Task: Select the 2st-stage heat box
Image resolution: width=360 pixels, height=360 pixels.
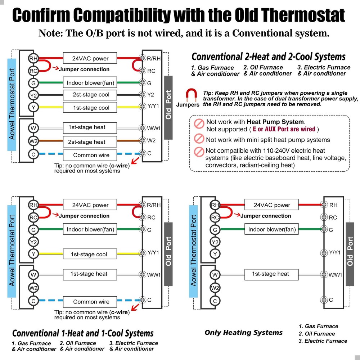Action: click(90, 142)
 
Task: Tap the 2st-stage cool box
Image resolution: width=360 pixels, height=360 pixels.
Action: click(90, 95)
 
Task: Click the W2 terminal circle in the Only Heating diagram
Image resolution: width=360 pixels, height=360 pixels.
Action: click(215, 288)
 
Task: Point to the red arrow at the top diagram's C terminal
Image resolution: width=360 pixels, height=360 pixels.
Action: click(135, 161)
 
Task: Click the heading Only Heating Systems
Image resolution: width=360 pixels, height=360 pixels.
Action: click(244, 332)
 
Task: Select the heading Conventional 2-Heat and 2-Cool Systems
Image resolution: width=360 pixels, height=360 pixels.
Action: click(269, 57)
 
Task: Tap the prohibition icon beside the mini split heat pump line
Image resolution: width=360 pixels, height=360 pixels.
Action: click(199, 139)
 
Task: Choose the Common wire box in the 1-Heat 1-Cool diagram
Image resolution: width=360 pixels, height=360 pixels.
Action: click(90, 302)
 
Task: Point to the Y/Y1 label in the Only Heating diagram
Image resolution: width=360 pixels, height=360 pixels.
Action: click(335, 253)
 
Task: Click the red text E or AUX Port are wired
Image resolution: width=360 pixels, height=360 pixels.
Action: click(284, 129)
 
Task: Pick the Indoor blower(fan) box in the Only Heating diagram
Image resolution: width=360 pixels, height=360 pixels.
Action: click(271, 229)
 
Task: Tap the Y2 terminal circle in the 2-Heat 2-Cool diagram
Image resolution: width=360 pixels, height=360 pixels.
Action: click(33, 95)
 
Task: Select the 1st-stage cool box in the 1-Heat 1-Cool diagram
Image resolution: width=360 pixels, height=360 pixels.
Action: click(90, 254)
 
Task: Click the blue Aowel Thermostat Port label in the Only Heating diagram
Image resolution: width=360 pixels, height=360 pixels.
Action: click(193, 251)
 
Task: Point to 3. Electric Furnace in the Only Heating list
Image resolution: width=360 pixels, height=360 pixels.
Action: click(323, 341)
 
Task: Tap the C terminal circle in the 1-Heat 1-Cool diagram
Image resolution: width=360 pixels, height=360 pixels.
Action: click(33, 301)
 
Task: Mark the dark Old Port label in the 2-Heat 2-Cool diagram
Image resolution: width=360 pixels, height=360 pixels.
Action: click(168, 107)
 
